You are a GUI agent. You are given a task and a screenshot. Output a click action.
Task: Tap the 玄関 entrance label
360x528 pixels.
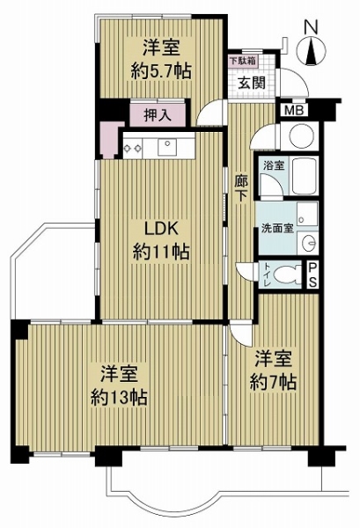[x=252, y=83]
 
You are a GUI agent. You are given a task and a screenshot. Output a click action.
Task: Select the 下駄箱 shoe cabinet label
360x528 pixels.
[x=242, y=62]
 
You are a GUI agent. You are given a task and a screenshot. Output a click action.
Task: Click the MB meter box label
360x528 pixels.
[x=294, y=110]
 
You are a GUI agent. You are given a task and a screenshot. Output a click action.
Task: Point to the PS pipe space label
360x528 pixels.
[x=312, y=275]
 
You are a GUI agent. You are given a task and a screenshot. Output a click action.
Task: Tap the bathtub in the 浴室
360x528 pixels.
[x=305, y=177]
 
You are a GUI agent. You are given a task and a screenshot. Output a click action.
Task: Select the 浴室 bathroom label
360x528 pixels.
[x=274, y=165]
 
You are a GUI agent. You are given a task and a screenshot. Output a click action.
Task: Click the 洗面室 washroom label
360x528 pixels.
[x=277, y=228]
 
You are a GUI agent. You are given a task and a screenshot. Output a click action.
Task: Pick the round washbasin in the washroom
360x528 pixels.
[x=310, y=242]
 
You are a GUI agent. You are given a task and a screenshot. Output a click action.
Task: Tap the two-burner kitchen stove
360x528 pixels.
[x=132, y=148]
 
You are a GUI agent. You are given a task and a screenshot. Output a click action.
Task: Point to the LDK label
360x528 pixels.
[x=161, y=230]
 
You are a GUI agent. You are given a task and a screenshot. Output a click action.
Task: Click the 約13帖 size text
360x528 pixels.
[x=119, y=399]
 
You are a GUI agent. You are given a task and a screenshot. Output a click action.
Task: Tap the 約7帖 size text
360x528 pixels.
[x=273, y=382]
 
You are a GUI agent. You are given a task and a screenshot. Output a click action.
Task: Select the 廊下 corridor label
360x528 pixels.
[x=241, y=189]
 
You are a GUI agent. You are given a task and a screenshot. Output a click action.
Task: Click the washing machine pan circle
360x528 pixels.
[x=302, y=136]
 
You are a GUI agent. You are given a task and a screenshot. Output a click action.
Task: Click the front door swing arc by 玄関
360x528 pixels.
[x=300, y=76]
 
